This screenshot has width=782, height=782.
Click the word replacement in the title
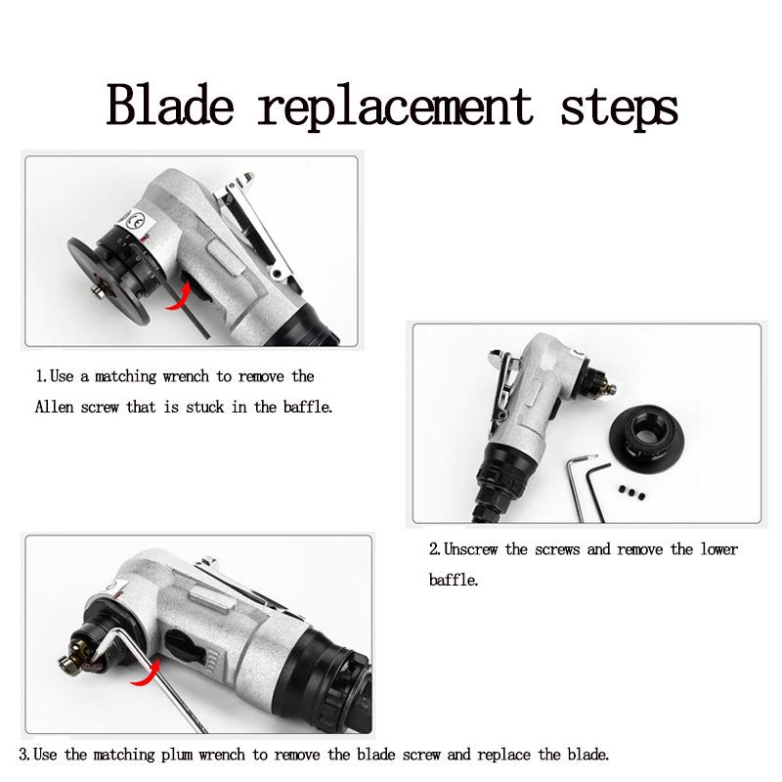pyautogui.click(x=399, y=106)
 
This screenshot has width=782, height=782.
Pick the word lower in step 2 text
pyautogui.click(x=718, y=549)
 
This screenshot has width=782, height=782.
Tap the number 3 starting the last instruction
pyautogui.click(x=23, y=755)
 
